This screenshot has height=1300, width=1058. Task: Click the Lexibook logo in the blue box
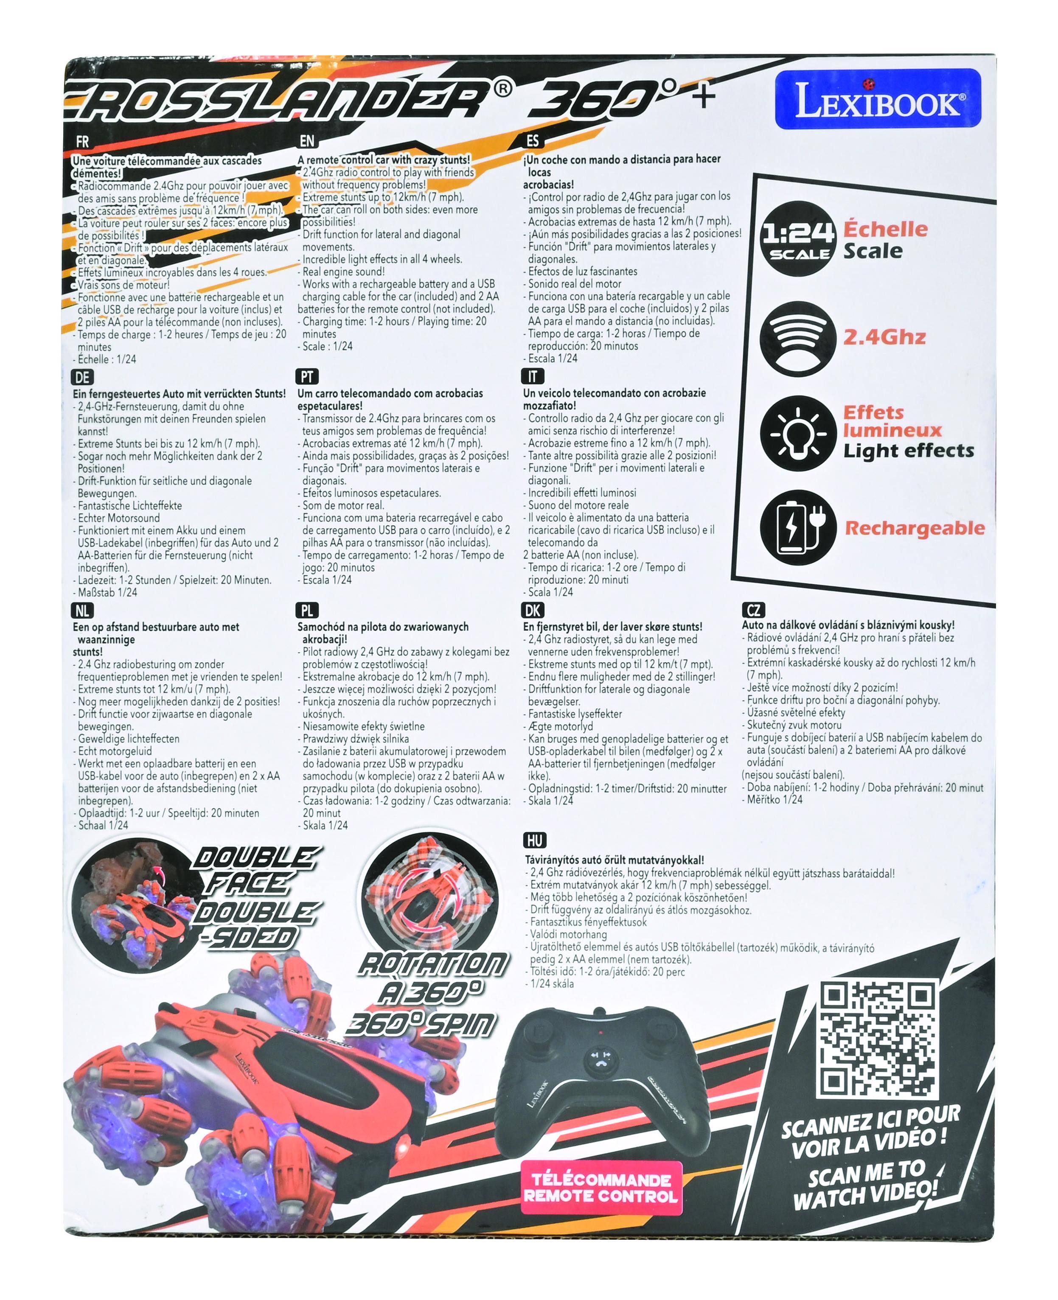(878, 99)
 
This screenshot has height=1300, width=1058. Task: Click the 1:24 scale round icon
(797, 241)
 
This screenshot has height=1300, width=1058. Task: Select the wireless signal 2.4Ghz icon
(797, 337)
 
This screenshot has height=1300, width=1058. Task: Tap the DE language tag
(82, 377)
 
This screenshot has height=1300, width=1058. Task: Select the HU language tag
(534, 840)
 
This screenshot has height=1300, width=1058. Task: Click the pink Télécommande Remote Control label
(601, 1188)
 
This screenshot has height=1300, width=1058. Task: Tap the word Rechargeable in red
(914, 528)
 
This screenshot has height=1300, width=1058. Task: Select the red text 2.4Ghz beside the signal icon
(884, 337)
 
